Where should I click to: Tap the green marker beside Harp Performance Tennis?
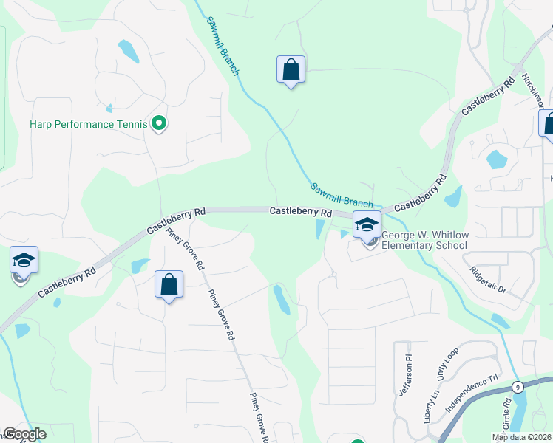coord(158,123)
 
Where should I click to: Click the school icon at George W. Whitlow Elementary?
coord(367,224)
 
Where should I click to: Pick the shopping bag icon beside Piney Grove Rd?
coord(169,284)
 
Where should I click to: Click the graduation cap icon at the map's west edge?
coord(24,261)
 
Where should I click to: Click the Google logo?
coord(24,434)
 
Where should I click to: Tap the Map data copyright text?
coord(521,437)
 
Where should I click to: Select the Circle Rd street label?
coord(507,416)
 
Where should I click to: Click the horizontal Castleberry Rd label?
coord(299,211)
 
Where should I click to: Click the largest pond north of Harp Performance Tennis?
coord(129,51)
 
